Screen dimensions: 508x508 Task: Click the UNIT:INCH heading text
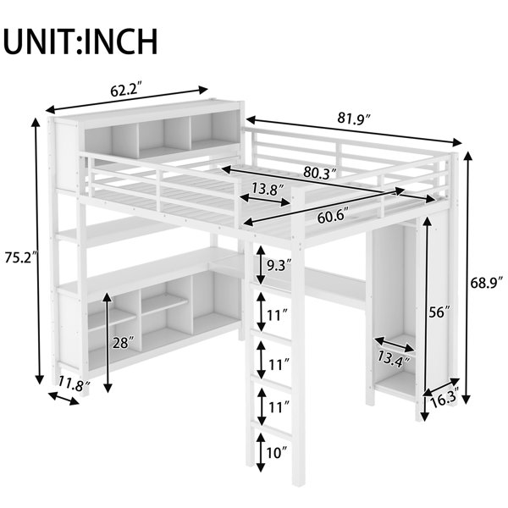(x=81, y=42)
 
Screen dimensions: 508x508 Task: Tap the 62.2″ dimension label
(x=126, y=91)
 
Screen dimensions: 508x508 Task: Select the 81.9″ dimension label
(x=354, y=118)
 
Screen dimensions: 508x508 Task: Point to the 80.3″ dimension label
(x=320, y=173)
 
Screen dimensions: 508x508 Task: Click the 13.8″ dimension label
(x=268, y=188)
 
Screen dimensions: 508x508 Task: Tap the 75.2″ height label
(x=21, y=257)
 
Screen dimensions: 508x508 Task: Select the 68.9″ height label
(x=487, y=283)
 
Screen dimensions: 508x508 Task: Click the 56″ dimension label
(x=439, y=312)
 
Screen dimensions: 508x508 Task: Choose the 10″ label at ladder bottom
(x=277, y=453)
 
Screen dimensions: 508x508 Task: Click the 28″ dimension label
(x=123, y=342)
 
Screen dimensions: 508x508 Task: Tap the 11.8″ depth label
(x=75, y=384)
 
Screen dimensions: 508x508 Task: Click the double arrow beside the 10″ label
(x=261, y=452)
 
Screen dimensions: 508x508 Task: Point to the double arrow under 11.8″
(x=63, y=398)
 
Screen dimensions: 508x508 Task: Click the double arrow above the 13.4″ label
(x=395, y=345)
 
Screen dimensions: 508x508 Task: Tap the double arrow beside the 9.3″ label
(x=261, y=265)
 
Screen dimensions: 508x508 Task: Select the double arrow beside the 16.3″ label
(x=441, y=387)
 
